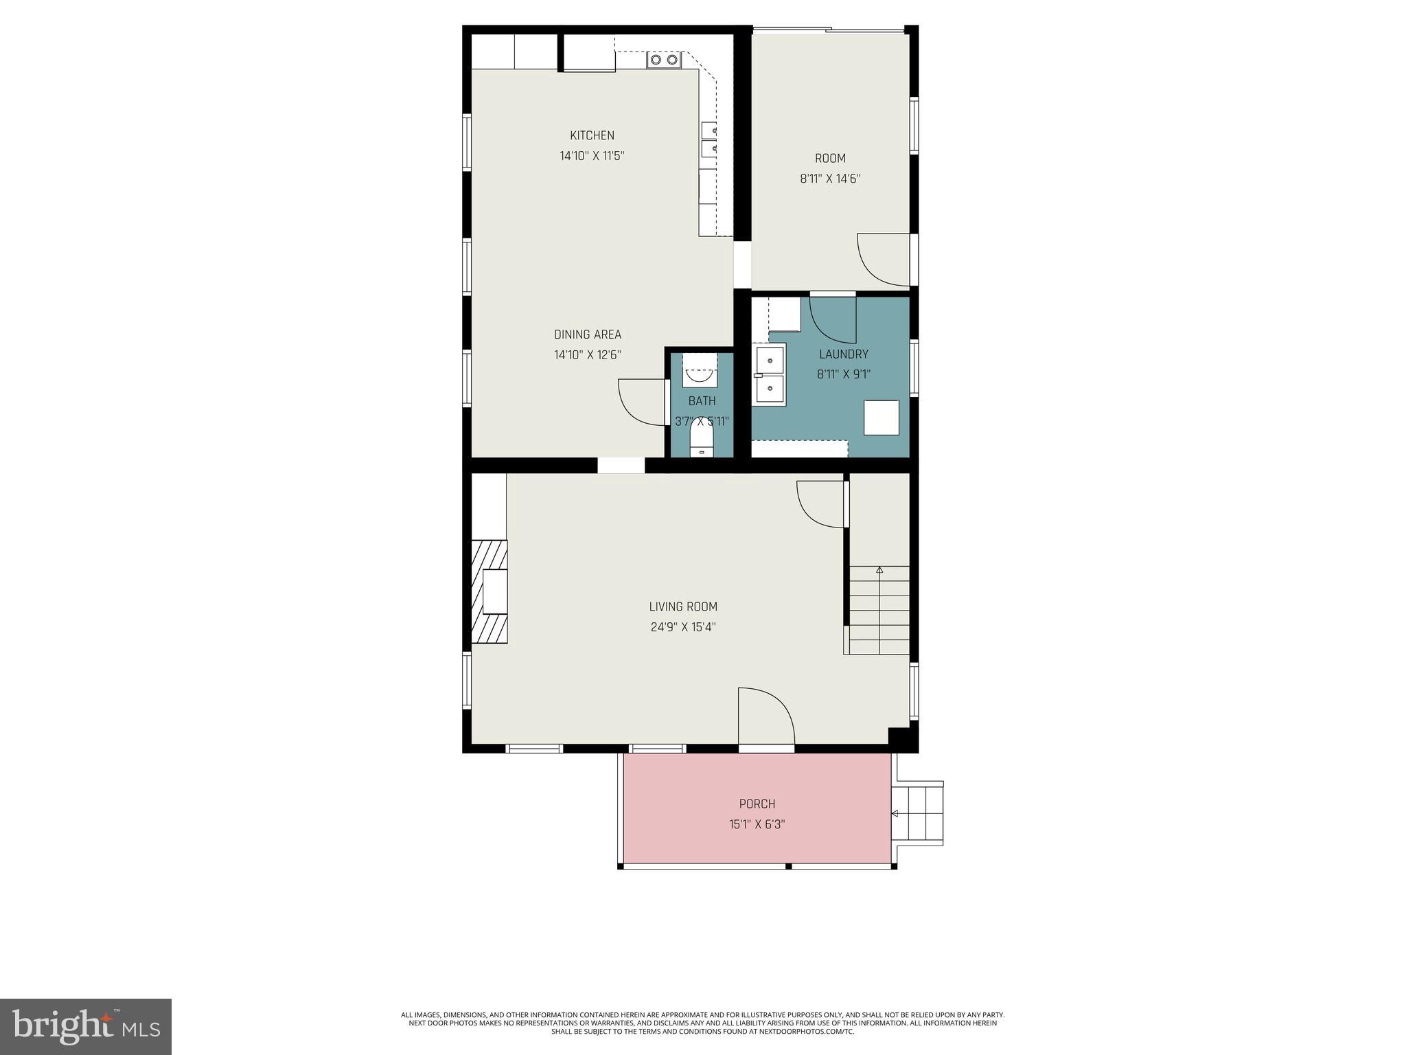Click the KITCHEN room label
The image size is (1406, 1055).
tap(592, 135)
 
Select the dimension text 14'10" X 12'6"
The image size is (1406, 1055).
tap(588, 355)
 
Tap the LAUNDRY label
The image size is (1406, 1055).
tap(844, 354)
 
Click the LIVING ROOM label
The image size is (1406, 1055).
tap(683, 606)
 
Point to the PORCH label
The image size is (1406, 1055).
tap(757, 804)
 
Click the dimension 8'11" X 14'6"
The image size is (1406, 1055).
tap(830, 179)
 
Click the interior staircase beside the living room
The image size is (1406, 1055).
tap(879, 610)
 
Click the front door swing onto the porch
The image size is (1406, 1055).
tap(765, 718)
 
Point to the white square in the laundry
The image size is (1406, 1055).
tap(881, 417)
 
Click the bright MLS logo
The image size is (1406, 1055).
tap(86, 1027)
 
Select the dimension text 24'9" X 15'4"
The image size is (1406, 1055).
tap(683, 627)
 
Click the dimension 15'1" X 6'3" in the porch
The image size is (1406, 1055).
tap(757, 824)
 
